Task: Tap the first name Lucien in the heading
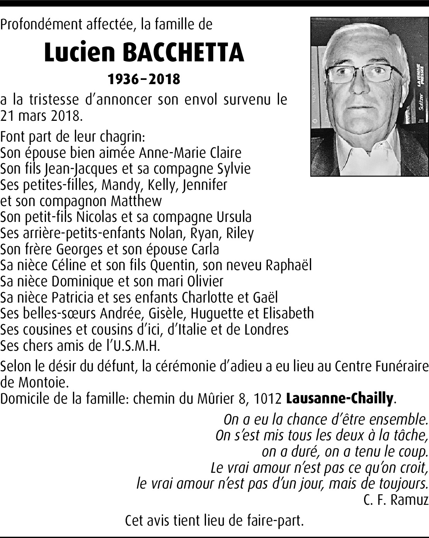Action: (x=79, y=53)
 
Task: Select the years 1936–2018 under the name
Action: (x=144, y=79)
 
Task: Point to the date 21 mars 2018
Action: (x=41, y=115)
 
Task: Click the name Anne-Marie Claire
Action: (x=190, y=152)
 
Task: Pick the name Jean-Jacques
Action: (x=81, y=169)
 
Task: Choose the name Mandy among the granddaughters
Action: (x=117, y=185)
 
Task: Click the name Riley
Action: (x=240, y=233)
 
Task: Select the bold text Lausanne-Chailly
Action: (x=339, y=398)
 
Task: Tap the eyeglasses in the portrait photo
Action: (x=359, y=73)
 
